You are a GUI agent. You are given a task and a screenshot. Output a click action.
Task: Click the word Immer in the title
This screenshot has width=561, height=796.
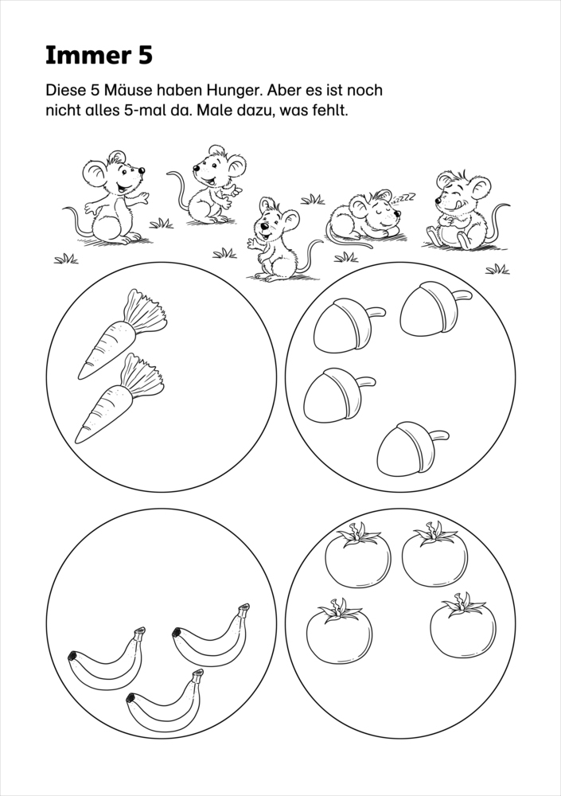[80, 56]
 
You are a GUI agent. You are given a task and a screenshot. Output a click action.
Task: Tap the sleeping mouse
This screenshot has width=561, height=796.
[364, 217]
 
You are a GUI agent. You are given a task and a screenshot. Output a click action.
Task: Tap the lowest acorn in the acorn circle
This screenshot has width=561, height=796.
[412, 449]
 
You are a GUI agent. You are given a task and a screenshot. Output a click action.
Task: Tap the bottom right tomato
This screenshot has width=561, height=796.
[463, 625]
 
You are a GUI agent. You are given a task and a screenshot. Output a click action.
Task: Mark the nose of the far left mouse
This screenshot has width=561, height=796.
[142, 170]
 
